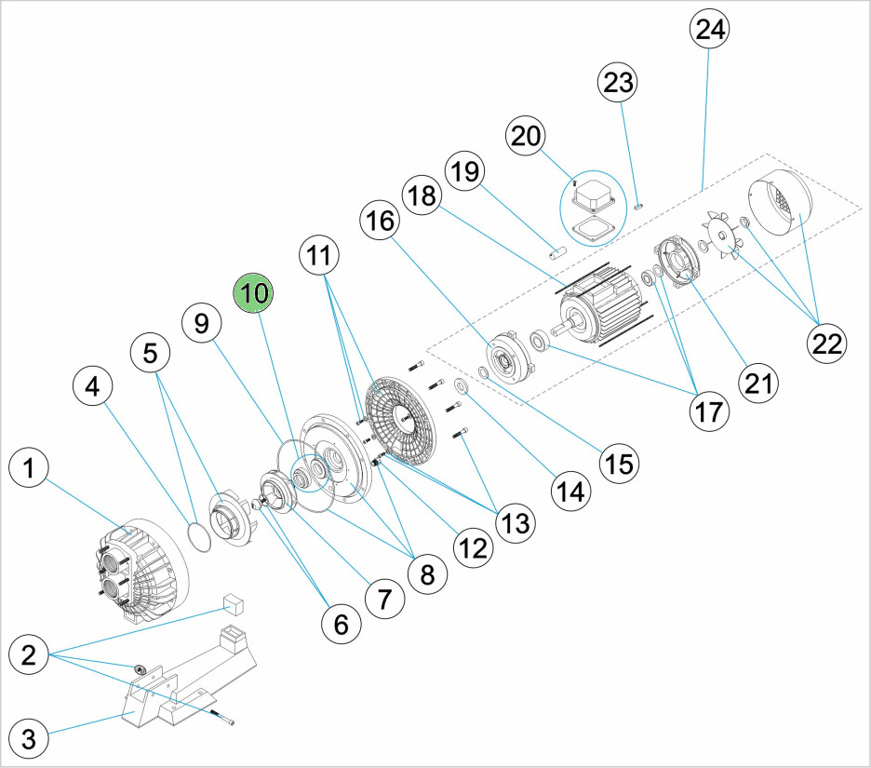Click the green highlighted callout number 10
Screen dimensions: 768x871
pyautogui.click(x=255, y=292)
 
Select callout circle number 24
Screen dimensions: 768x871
pyautogui.click(x=709, y=30)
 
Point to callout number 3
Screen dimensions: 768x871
pyautogui.click(x=30, y=740)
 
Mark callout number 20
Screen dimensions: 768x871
pyautogui.click(x=526, y=136)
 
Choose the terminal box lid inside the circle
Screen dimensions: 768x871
pyautogui.click(x=592, y=196)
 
